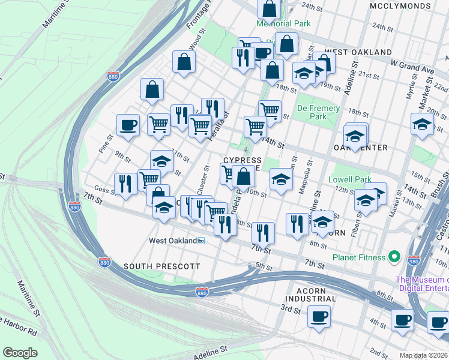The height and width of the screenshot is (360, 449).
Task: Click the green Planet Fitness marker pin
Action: pyautogui.click(x=394, y=257)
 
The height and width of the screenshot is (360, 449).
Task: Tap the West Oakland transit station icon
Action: pyautogui.click(x=201, y=241)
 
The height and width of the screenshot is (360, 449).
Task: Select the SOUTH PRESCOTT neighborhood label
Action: pyautogui.click(x=153, y=265)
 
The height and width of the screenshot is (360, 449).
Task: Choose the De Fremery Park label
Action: pyautogui.click(x=318, y=112)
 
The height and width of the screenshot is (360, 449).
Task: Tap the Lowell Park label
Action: pyautogui.click(x=349, y=179)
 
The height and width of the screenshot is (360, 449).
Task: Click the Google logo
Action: pyautogui.click(x=20, y=352)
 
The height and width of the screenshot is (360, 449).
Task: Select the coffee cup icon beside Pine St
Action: pyautogui.click(x=128, y=125)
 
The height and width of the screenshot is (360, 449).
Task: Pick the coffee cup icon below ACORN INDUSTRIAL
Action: pyautogui.click(x=319, y=316)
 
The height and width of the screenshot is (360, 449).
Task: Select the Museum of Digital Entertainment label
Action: pyautogui.click(x=421, y=285)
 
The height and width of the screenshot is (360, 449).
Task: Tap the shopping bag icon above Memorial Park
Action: pyautogui.click(x=270, y=8)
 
